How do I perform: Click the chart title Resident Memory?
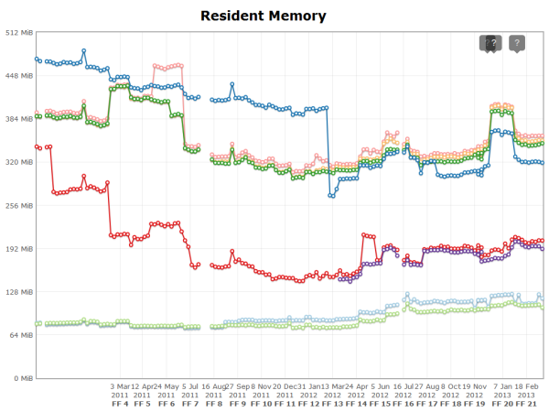(x=263, y=16)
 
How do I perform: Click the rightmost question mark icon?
(x=517, y=43)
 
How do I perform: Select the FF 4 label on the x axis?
(x=120, y=403)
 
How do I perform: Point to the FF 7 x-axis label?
(x=190, y=403)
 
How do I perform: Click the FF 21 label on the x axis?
(x=526, y=403)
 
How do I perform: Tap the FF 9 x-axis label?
(x=238, y=403)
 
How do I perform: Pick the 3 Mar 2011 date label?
(x=120, y=390)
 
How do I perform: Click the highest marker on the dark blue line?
(x=84, y=51)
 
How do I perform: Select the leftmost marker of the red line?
(x=37, y=146)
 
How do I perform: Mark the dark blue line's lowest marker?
(x=330, y=196)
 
